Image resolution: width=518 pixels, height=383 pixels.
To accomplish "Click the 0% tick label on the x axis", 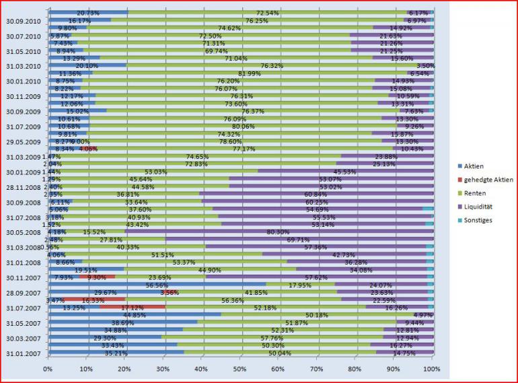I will pos(47,369).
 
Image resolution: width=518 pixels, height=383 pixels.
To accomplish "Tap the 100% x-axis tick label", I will pos(431,369).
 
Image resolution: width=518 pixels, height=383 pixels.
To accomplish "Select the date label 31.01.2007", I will pos(23,353).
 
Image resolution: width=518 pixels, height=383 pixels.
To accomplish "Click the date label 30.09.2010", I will pos(23,20).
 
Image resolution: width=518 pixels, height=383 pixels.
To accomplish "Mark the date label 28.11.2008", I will pos(23,186).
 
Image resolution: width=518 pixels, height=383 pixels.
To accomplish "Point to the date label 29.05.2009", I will pos(23,141).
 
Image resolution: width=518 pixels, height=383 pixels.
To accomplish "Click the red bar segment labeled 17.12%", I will pos(133,308).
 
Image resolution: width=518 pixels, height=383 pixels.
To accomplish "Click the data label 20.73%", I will pos(88,12).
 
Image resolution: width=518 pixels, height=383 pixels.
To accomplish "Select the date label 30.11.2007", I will pos(23,277).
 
